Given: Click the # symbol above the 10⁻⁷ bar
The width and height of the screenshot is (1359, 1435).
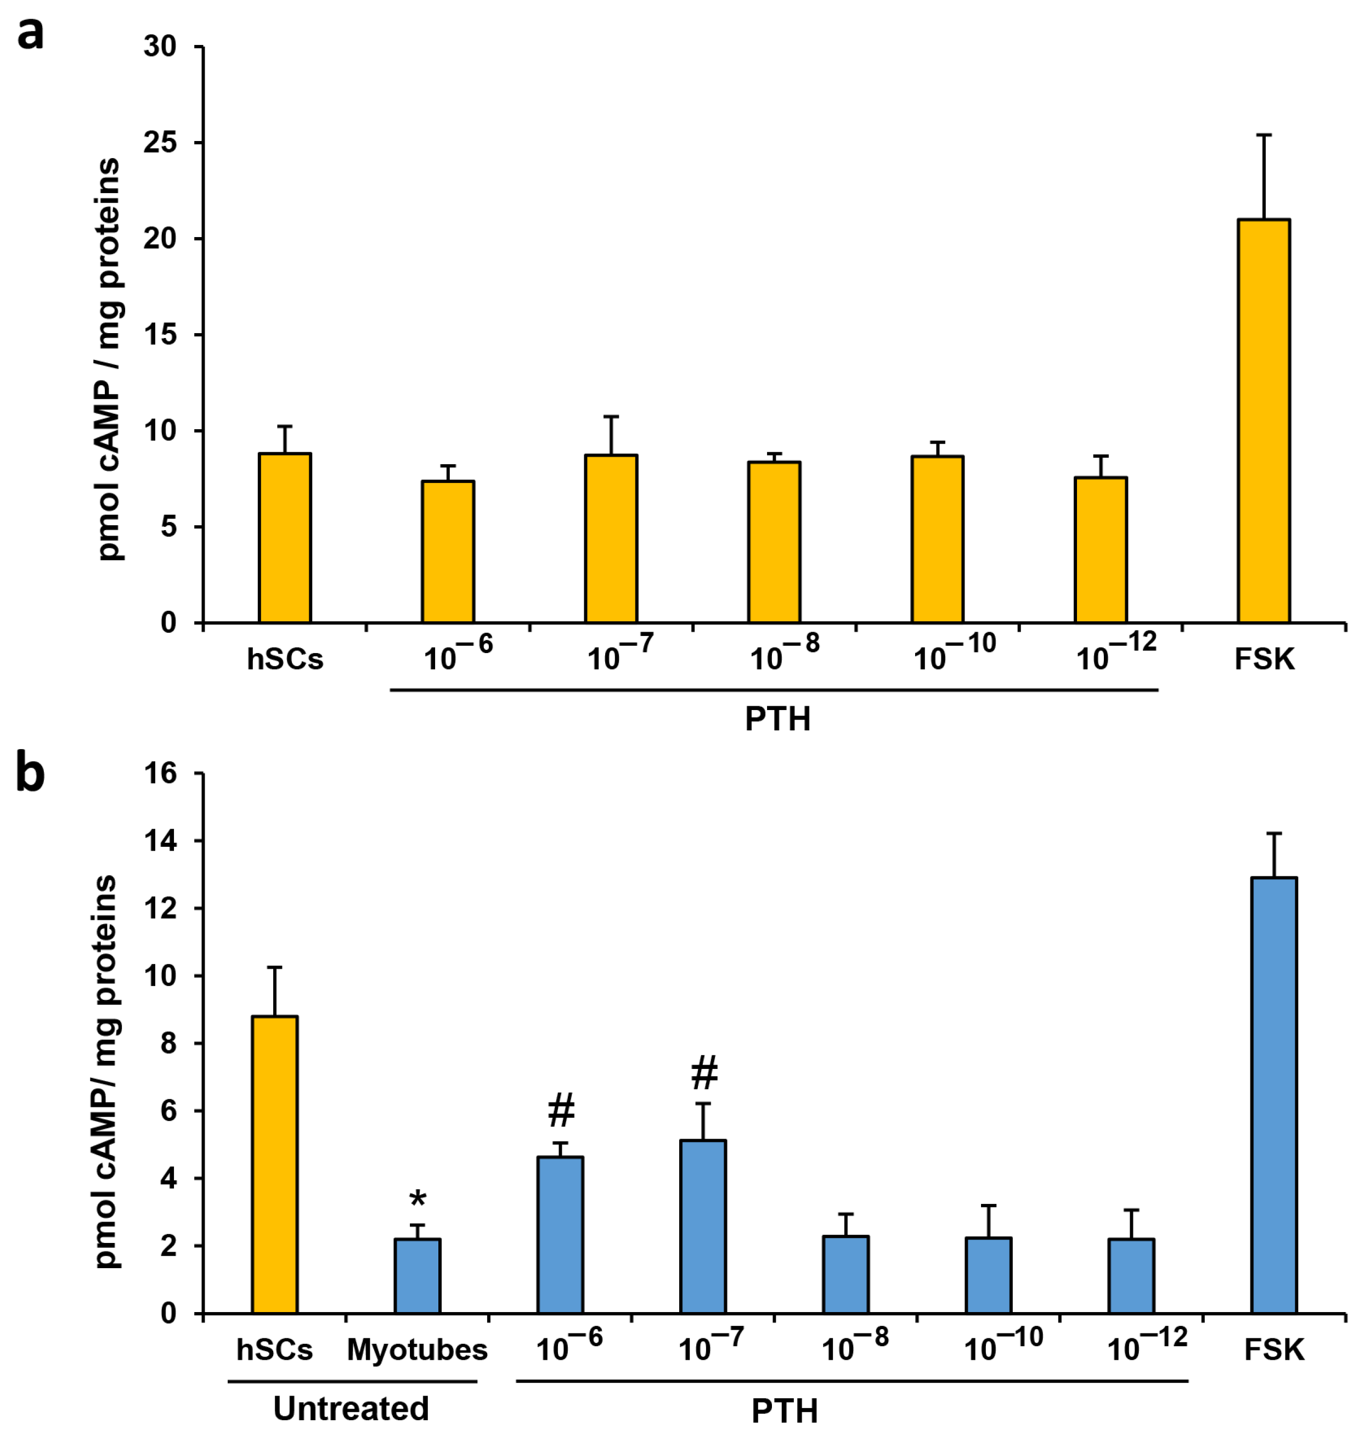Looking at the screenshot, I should click(704, 1073).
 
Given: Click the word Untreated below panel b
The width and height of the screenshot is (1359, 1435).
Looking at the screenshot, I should click(351, 1408).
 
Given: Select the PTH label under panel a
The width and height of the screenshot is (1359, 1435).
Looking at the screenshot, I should click(777, 719).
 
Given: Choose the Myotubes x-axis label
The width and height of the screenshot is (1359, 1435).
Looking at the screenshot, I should click(418, 1349).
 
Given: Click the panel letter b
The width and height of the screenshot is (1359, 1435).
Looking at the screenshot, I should click(30, 774).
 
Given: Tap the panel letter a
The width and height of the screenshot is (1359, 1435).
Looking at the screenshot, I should click(30, 34).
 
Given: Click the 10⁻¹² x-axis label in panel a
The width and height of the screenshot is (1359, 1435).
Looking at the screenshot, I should click(1115, 652).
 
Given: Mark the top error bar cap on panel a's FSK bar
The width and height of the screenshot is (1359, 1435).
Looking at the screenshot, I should click(1264, 135).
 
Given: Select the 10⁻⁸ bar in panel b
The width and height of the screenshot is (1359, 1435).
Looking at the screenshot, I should click(845, 1274).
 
